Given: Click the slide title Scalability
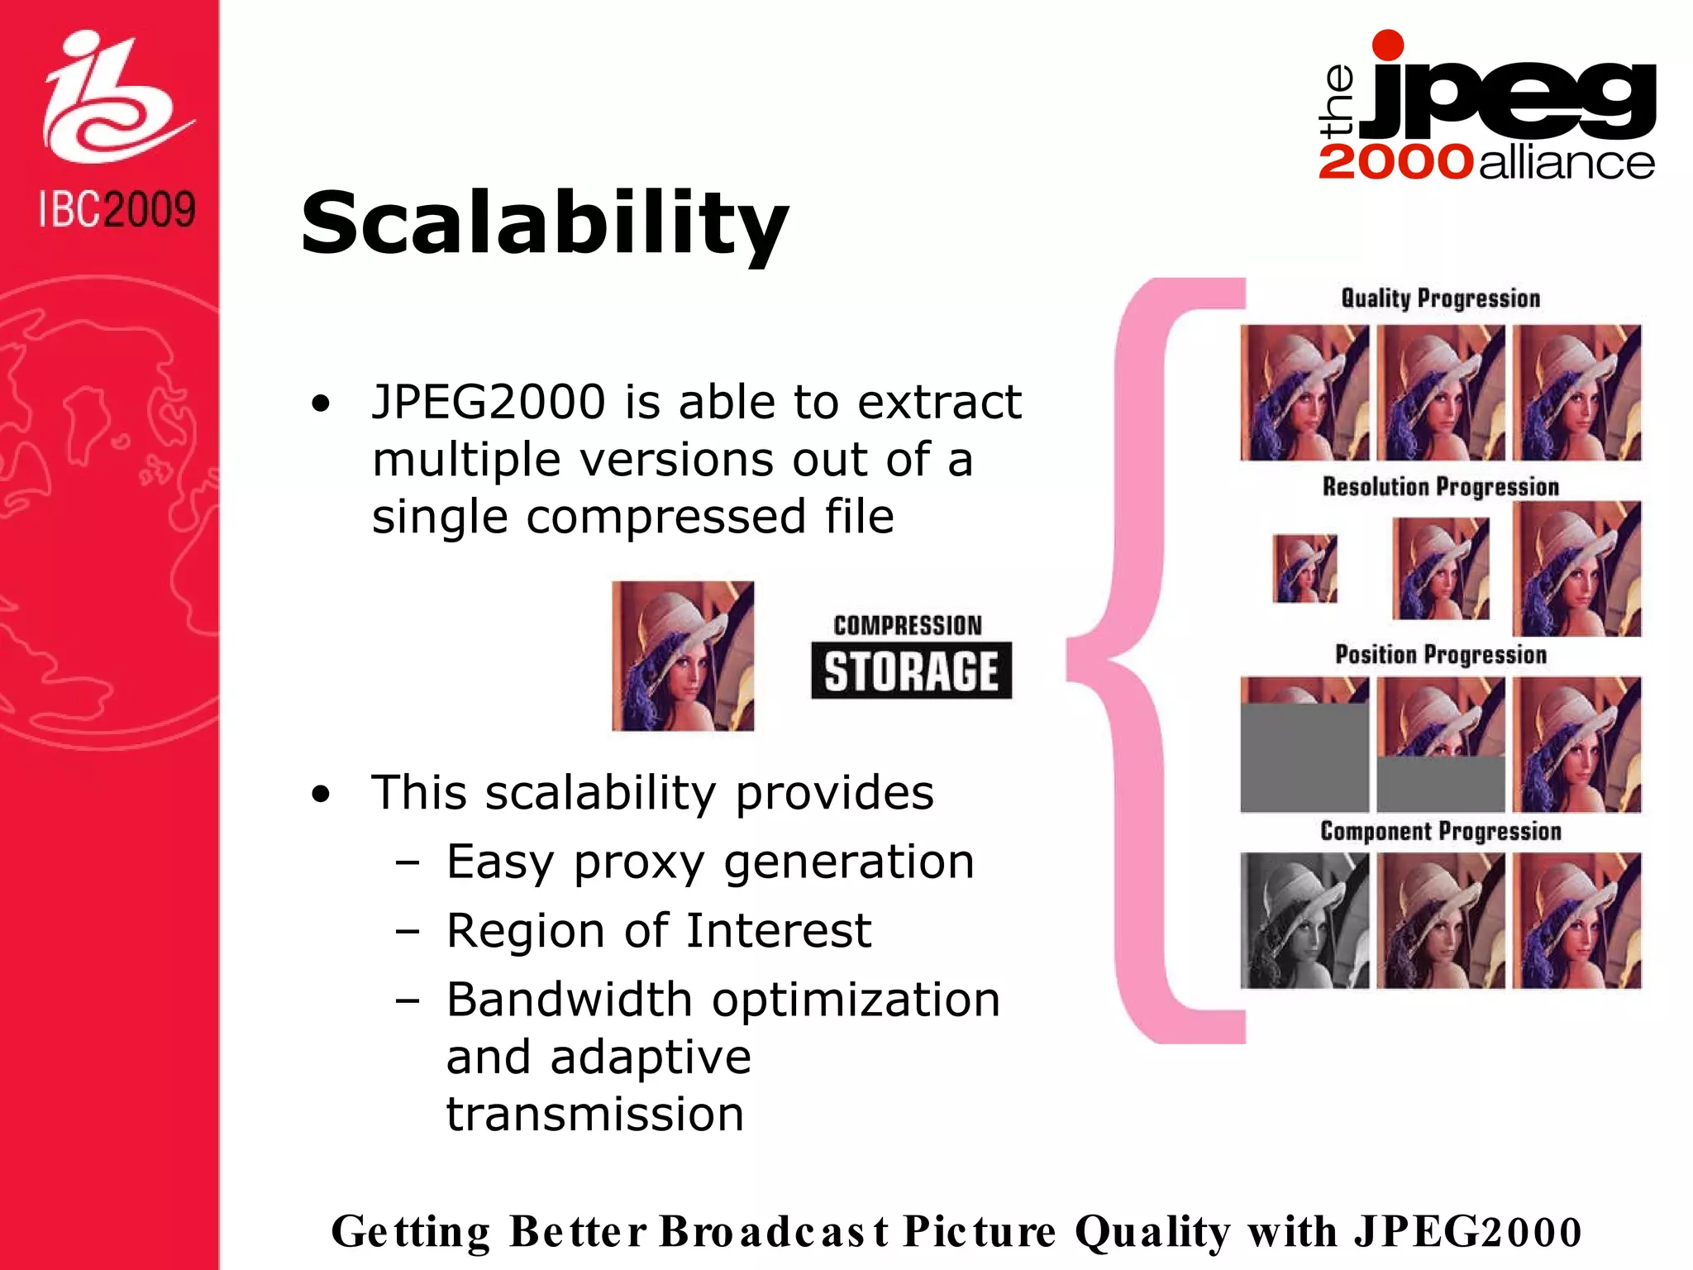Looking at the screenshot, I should [544, 223].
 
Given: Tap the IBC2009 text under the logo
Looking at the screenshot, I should [117, 209].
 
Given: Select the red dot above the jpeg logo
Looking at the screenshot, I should [1387, 45].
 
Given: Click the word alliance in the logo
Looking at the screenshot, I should [1567, 162].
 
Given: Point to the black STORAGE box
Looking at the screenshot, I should [911, 671].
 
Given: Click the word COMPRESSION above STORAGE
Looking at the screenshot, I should [908, 625].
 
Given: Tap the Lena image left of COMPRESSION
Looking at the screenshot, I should [683, 656].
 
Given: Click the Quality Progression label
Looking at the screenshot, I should [1440, 298].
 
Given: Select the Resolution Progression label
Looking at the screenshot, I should [1440, 487].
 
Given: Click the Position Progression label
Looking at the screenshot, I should [1440, 655].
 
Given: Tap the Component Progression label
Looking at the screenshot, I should [1440, 831].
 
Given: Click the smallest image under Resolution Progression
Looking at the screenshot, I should [1304, 569].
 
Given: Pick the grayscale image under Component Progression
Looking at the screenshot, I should [1304, 920].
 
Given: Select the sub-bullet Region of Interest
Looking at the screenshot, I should [658, 930].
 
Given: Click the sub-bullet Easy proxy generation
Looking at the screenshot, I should [709, 862].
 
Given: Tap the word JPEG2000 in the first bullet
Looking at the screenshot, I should [489, 402].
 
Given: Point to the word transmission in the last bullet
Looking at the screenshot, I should [595, 1114].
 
